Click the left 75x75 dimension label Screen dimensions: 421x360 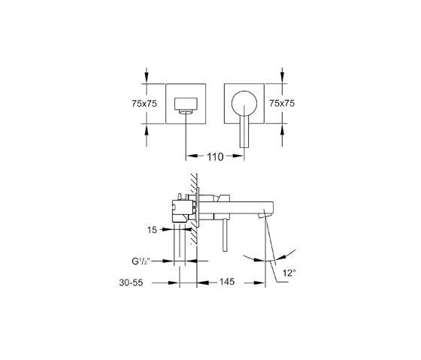coord(144,104)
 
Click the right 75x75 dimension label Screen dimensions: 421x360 coord(282,103)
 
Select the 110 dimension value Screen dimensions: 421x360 coord(215,157)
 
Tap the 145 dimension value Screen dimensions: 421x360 coord(227,282)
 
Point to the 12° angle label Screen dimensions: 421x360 coord(289,273)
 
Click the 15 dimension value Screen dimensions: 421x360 coord(152,230)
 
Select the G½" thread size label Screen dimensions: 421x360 coord(141,262)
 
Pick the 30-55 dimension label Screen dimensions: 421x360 coord(131,283)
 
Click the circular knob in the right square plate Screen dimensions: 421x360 coord(244,104)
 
